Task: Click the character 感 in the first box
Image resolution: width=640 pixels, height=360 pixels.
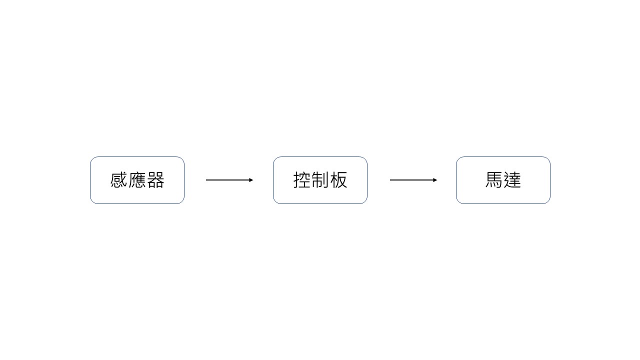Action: click(x=118, y=180)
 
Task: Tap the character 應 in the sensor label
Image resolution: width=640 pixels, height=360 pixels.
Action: click(x=137, y=180)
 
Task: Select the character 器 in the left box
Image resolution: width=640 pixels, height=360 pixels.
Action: click(x=155, y=180)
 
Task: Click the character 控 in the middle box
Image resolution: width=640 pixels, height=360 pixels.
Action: click(x=302, y=180)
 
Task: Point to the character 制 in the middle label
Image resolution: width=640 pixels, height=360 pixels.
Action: click(x=320, y=180)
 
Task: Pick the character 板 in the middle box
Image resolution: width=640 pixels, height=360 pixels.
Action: click(x=338, y=180)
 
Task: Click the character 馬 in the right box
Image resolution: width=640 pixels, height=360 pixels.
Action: click(x=494, y=180)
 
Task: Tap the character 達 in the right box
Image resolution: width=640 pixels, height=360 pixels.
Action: click(x=512, y=180)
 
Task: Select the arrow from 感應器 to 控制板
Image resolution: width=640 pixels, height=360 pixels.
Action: click(x=229, y=180)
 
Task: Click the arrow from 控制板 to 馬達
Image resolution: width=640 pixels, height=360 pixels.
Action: click(x=413, y=180)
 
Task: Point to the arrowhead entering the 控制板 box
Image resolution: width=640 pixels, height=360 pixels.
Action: click(x=251, y=180)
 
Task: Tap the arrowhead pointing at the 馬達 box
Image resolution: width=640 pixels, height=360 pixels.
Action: click(x=435, y=180)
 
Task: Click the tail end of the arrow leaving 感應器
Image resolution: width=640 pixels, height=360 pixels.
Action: click(x=206, y=180)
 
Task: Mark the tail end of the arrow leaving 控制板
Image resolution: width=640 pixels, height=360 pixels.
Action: click(x=390, y=180)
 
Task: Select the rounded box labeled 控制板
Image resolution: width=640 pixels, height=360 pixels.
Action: click(x=320, y=157)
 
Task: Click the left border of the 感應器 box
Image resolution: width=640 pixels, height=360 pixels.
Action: click(x=90, y=180)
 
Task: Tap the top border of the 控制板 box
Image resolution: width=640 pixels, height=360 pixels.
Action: click(x=320, y=157)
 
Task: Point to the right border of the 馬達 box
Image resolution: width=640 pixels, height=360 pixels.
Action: click(x=550, y=180)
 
